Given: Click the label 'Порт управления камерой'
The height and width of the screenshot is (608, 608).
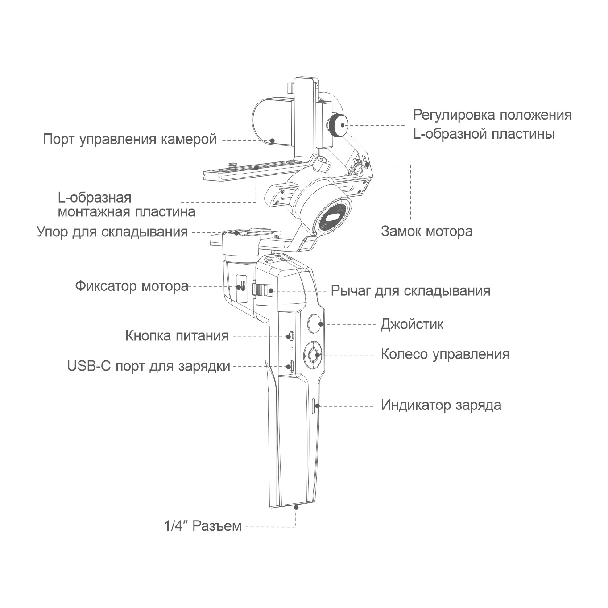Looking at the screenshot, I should click(x=129, y=139).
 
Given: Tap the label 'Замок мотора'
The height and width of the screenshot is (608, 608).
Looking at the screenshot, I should click(x=426, y=232).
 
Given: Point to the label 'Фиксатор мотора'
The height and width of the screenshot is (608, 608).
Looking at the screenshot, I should click(x=132, y=286).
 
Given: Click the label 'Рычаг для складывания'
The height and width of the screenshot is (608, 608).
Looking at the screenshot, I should click(x=410, y=291).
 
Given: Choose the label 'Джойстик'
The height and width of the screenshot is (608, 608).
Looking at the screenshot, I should click(x=412, y=324).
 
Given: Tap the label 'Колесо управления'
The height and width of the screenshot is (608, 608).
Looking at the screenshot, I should click(x=445, y=354).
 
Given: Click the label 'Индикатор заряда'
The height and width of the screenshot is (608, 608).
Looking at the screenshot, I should click(x=441, y=405).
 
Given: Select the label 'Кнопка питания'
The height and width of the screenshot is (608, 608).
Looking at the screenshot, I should click(x=177, y=335).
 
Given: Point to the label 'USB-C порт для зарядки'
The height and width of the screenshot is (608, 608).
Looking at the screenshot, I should click(x=149, y=366).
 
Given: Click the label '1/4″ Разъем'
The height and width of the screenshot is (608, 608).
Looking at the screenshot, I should click(x=203, y=526).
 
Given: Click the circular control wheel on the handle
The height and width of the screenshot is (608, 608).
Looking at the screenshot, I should click(x=314, y=356).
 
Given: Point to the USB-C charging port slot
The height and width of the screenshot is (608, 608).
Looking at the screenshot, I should click(x=290, y=367).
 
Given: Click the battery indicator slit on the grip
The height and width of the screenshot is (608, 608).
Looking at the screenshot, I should click(x=314, y=405).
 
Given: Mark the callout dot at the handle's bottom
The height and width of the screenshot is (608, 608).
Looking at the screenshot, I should click(x=296, y=507).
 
